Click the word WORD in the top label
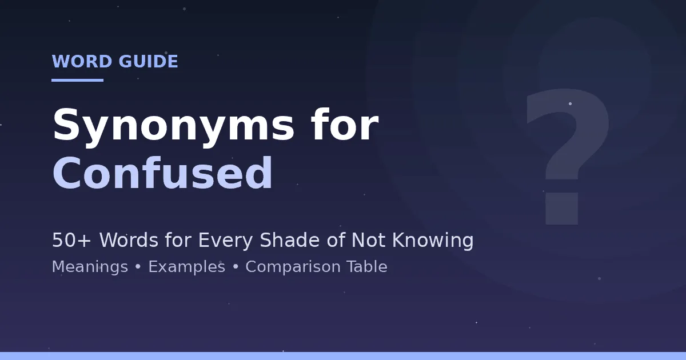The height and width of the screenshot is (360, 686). pos(82,61)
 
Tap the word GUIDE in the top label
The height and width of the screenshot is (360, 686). pos(148,61)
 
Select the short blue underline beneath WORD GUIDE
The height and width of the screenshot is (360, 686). pos(78,80)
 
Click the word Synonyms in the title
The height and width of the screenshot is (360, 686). pos(174,126)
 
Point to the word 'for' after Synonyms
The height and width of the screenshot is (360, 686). pos(345,124)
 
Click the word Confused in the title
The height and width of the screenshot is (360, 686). pos(162,173)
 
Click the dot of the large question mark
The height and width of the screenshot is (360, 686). pos(561,209)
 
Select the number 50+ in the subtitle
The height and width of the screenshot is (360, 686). pos(71,239)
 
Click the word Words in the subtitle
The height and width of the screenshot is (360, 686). pos(129,239)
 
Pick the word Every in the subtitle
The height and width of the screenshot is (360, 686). pos(225,241)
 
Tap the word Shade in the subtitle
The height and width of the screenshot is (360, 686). pos(290,239)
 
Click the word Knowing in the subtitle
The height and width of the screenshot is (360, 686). pos(433,241)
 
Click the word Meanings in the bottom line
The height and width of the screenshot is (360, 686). pos(90,267)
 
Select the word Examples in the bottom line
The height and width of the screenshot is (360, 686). pos(187,267)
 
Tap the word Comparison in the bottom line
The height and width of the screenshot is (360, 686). pos(293,267)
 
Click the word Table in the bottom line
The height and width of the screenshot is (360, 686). pos(367,266)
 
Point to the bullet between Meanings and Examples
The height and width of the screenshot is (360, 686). pos(138,267)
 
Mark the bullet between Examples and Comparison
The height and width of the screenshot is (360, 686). pos(236,267)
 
